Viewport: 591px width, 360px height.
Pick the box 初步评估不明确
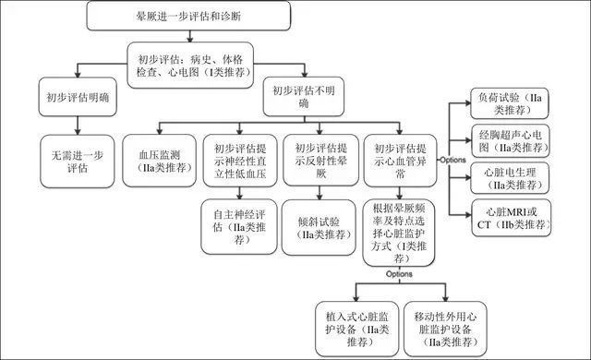(298, 98)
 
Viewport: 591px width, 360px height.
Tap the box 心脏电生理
(510, 177)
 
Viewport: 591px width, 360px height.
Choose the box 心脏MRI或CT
(510, 215)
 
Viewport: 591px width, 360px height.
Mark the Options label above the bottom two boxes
(398, 274)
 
